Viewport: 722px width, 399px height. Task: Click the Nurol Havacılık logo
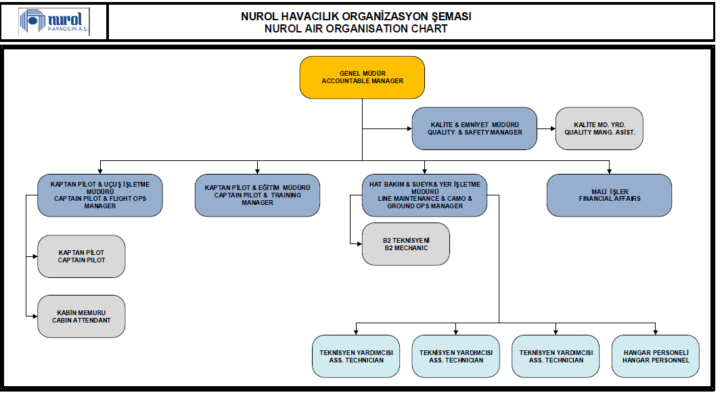pyautogui.click(x=54, y=22)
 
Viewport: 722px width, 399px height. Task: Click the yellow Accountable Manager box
pyautogui.click(x=362, y=77)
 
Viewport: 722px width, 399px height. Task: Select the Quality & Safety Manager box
pyautogui.click(x=474, y=128)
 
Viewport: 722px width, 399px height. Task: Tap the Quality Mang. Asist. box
pyautogui.click(x=599, y=128)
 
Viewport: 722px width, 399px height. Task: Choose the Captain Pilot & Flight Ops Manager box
pyautogui.click(x=100, y=195)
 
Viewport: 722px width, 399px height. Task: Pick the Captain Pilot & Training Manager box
pyautogui.click(x=257, y=195)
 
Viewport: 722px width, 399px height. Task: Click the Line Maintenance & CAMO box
pyautogui.click(x=424, y=195)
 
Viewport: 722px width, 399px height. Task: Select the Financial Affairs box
pyautogui.click(x=609, y=195)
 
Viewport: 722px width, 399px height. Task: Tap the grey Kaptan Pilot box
pyautogui.click(x=81, y=256)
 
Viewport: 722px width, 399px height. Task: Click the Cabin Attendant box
pyautogui.click(x=81, y=316)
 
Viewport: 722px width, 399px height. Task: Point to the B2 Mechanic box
pyautogui.click(x=406, y=244)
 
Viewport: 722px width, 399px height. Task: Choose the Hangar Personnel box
pyautogui.click(x=655, y=356)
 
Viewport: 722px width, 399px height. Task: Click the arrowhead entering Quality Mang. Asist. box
pyautogui.click(x=553, y=128)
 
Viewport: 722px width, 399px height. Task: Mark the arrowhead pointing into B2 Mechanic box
pyautogui.click(x=359, y=244)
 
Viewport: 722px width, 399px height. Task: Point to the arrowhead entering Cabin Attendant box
pyautogui.click(x=35, y=316)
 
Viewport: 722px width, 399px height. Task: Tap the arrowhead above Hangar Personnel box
pyautogui.click(x=655, y=332)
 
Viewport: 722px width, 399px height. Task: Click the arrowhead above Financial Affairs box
pyautogui.click(x=609, y=170)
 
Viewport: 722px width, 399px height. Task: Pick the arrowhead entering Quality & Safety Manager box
pyautogui.click(x=409, y=128)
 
